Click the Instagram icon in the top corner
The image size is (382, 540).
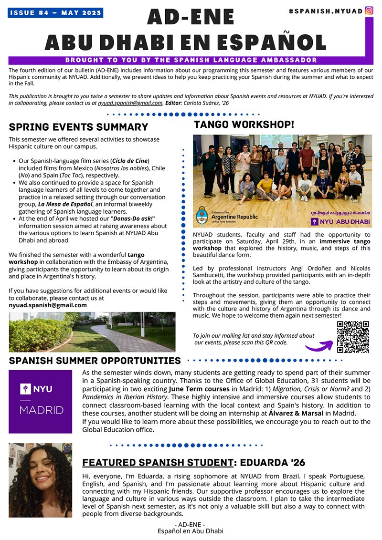click(369, 10)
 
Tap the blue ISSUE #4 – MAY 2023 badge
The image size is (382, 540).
click(55, 13)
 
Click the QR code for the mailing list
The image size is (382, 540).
click(353, 337)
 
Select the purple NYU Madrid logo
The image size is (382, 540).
click(41, 401)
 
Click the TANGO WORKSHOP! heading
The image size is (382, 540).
click(244, 125)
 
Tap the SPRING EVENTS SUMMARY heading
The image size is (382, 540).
click(78, 127)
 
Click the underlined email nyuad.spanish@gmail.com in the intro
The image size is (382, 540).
click(130, 103)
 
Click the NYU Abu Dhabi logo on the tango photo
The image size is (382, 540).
click(340, 221)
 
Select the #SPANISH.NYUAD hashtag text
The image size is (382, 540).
click(326, 10)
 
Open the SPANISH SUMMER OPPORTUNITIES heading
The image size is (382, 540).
click(95, 361)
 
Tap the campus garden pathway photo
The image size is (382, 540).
click(92, 332)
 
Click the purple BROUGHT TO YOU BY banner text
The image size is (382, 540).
click(191, 60)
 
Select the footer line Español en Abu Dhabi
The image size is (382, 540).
click(191, 530)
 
